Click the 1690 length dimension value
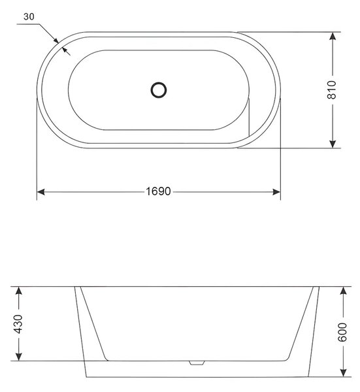(x=158, y=191)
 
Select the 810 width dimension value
(x=332, y=90)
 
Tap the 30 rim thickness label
(x=29, y=16)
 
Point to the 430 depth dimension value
(x=18, y=324)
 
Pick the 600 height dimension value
(x=342, y=332)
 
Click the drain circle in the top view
(x=159, y=90)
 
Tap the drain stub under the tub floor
(x=197, y=363)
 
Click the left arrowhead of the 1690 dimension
(x=41, y=192)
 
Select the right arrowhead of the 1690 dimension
(x=276, y=192)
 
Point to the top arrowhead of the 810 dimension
(x=333, y=36)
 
